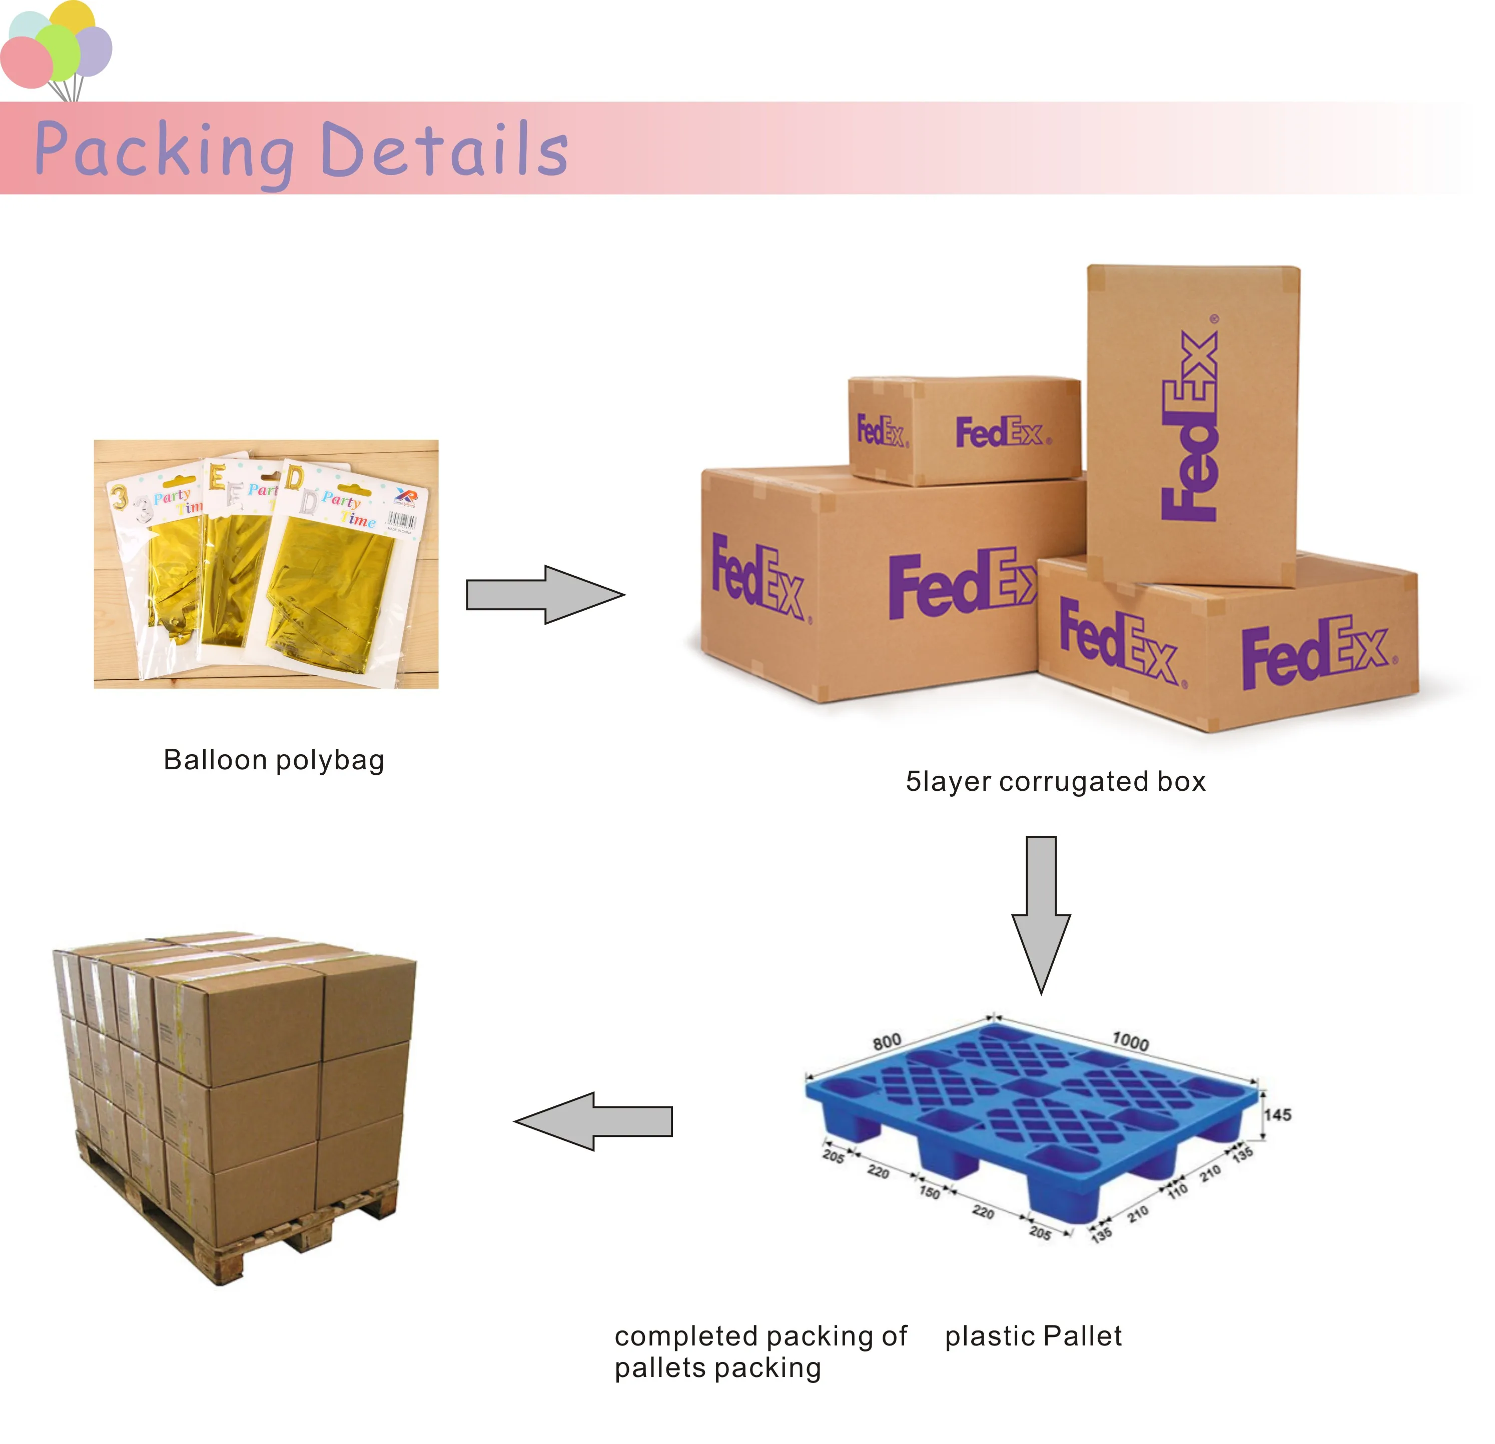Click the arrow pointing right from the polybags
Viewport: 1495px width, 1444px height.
pyautogui.click(x=544, y=595)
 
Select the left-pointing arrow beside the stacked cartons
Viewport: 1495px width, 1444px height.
pyautogui.click(x=593, y=1121)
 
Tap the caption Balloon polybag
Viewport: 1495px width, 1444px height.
pyautogui.click(x=274, y=760)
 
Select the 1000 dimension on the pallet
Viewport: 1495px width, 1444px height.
pyautogui.click(x=1130, y=1041)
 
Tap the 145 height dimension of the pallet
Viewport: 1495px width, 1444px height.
pyautogui.click(x=1278, y=1115)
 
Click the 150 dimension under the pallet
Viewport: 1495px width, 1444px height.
pyautogui.click(x=929, y=1191)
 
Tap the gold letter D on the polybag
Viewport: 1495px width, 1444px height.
pyautogui.click(x=294, y=478)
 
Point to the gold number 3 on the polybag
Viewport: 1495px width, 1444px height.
pyautogui.click(x=119, y=497)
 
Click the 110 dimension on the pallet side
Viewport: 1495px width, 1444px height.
pyautogui.click(x=1178, y=1189)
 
